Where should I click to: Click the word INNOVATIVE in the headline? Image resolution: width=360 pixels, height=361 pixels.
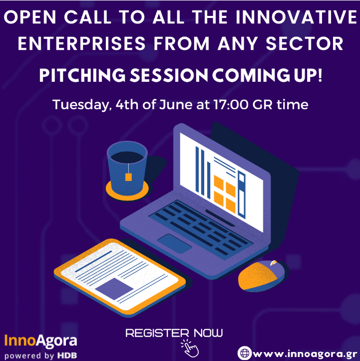tap(297, 17)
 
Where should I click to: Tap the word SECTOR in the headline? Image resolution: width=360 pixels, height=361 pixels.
tap(305, 43)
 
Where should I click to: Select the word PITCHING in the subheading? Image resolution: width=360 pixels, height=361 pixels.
tap(82, 75)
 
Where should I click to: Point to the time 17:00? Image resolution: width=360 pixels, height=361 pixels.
tap(231, 105)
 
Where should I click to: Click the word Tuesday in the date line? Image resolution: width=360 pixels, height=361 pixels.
tap(81, 105)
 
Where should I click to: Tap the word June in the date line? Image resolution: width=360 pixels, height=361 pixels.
tap(176, 105)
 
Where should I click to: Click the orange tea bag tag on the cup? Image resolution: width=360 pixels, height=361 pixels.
tap(128, 177)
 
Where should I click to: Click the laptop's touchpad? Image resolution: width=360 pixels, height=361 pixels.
tap(174, 244)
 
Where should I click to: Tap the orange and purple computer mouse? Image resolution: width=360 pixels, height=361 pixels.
tap(261, 276)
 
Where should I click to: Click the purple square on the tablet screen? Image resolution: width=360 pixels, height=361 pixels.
tap(114, 289)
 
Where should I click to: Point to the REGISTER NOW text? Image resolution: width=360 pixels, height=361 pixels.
tap(174, 333)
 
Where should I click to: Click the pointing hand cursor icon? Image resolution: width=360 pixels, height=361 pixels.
tap(190, 348)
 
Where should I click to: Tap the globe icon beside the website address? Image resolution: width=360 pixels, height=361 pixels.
tap(245, 353)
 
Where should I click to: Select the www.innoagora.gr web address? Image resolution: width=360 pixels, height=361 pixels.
tap(305, 354)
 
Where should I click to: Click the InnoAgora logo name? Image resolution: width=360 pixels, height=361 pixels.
tap(40, 340)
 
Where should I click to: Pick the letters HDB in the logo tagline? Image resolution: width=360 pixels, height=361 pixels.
tap(67, 355)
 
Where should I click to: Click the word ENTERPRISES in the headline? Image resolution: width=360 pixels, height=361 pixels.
tap(81, 43)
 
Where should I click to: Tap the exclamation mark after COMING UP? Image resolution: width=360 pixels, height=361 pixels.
tap(320, 75)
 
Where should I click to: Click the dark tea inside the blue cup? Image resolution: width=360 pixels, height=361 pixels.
tap(127, 157)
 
